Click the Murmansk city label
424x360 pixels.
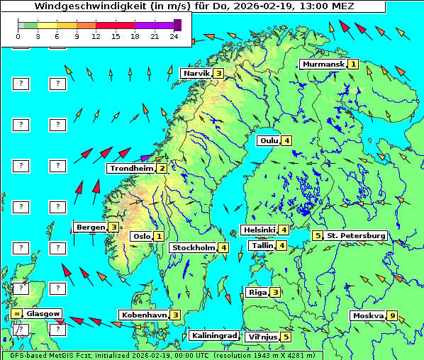pos(323,64)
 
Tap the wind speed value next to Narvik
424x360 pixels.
pos(219,73)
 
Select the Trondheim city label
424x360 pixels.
pos(132,169)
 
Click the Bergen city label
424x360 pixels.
pos(91,227)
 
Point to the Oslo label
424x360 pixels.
pos(141,237)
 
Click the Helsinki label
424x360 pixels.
pos(258,230)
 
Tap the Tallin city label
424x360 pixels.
pos(262,246)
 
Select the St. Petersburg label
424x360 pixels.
pos(355,235)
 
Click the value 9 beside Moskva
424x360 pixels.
pos(391,316)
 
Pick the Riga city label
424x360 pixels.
pos(256,292)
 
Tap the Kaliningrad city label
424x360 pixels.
pos(213,336)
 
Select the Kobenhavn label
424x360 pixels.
pos(144,315)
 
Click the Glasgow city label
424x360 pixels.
pos(44,313)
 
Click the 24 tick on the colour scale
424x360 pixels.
pos(174,35)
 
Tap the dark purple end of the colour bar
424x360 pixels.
pos(177,25)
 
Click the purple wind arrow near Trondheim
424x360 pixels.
pos(147,157)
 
